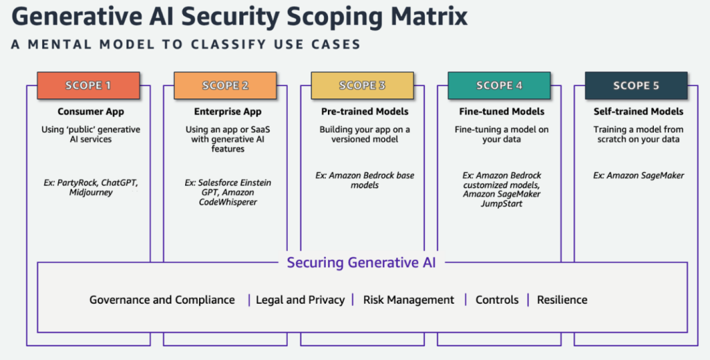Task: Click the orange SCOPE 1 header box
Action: click(88, 85)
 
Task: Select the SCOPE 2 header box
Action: click(225, 85)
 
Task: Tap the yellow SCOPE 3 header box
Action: click(362, 85)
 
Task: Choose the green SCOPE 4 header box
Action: click(499, 85)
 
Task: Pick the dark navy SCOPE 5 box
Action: click(636, 85)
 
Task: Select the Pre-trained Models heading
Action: click(365, 112)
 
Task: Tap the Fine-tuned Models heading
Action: click(501, 112)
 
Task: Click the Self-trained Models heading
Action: click(639, 112)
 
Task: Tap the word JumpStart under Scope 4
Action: click(501, 204)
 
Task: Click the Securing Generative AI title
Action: click(363, 262)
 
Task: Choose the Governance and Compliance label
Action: click(162, 300)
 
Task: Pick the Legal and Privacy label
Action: click(300, 300)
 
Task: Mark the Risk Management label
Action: click(408, 300)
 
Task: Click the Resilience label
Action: click(562, 300)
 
